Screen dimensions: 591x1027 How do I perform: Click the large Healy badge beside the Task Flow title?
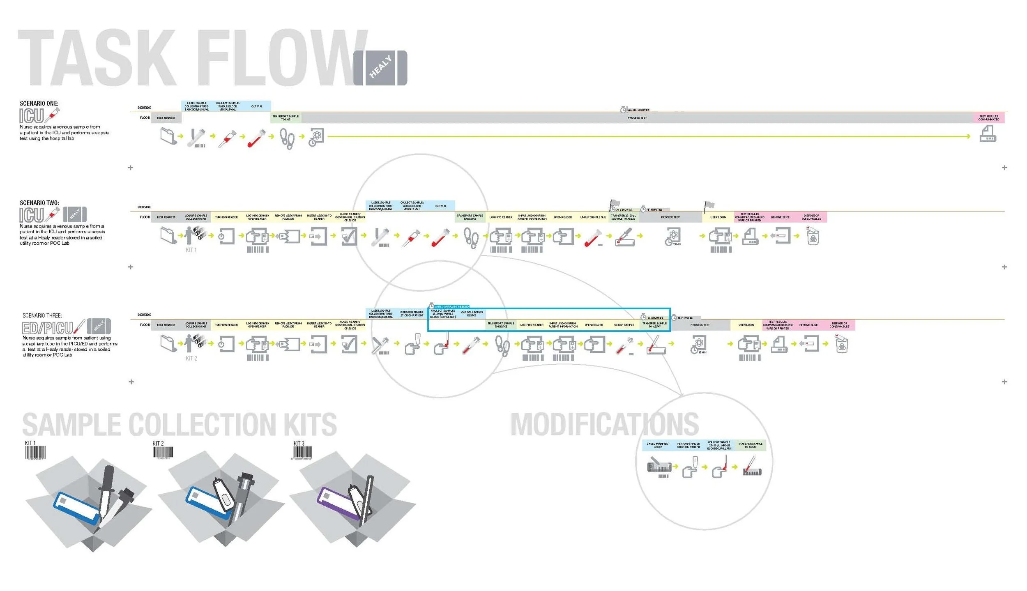(380, 68)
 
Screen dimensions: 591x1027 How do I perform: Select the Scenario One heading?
(39, 103)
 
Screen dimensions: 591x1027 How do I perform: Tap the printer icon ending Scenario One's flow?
(988, 134)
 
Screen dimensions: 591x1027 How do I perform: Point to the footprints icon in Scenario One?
(287, 138)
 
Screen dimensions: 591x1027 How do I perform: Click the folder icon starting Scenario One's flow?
(168, 136)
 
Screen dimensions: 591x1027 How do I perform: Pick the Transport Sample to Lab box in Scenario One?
(286, 118)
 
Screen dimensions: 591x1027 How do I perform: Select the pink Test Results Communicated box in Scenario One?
(988, 118)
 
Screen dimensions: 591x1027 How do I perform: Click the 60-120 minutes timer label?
(638, 110)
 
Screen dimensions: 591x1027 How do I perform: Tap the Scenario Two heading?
(39, 203)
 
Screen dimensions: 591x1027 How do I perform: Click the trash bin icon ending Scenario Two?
(813, 236)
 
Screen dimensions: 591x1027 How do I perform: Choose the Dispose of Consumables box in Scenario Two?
(811, 217)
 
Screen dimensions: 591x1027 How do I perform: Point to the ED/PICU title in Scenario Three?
(48, 328)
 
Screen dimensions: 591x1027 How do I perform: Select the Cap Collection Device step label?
(472, 314)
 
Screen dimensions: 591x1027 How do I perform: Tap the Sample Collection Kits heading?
(179, 425)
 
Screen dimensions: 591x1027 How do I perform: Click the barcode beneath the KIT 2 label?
(163, 452)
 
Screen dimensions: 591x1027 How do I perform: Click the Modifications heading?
(604, 425)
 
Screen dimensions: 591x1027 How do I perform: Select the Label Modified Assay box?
(657, 445)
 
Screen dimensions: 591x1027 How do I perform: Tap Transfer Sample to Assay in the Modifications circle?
(750, 445)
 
